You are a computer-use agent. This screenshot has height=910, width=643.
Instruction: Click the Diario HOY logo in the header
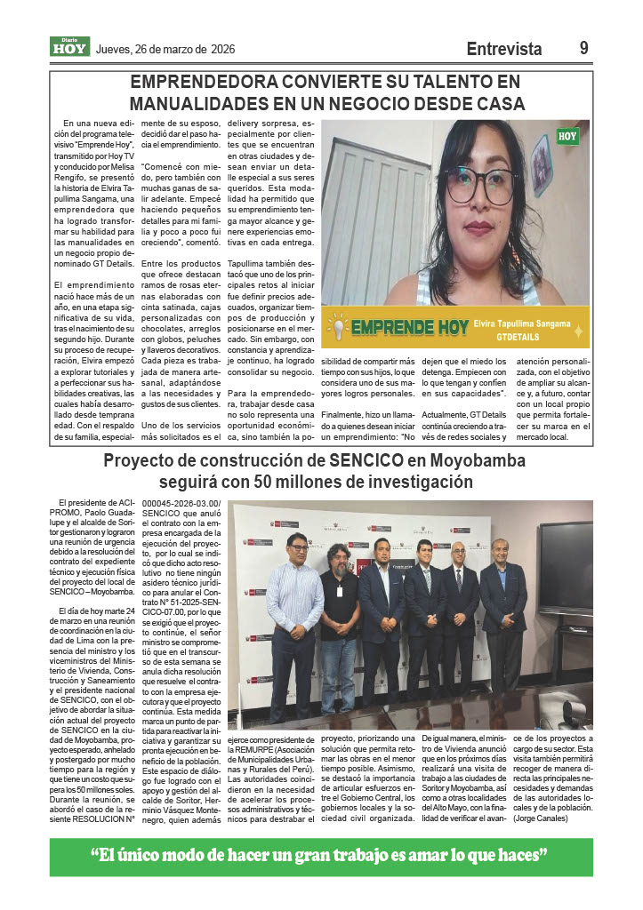tap(69, 47)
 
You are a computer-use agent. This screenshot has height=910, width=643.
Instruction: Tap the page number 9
tap(583, 49)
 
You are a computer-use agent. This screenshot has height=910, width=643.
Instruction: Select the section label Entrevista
tap(503, 49)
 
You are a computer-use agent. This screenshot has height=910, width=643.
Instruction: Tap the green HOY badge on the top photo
tap(567, 136)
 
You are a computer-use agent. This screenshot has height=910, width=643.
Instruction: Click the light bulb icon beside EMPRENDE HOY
tap(336, 326)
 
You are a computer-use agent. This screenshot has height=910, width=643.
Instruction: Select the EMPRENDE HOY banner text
tap(409, 328)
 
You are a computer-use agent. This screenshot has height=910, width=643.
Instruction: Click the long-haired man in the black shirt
tap(339, 622)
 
